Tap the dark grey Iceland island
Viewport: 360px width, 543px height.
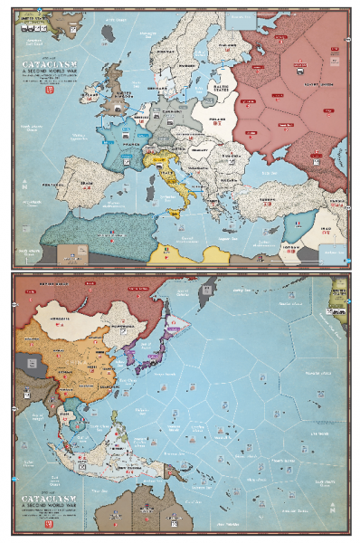(109, 33)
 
